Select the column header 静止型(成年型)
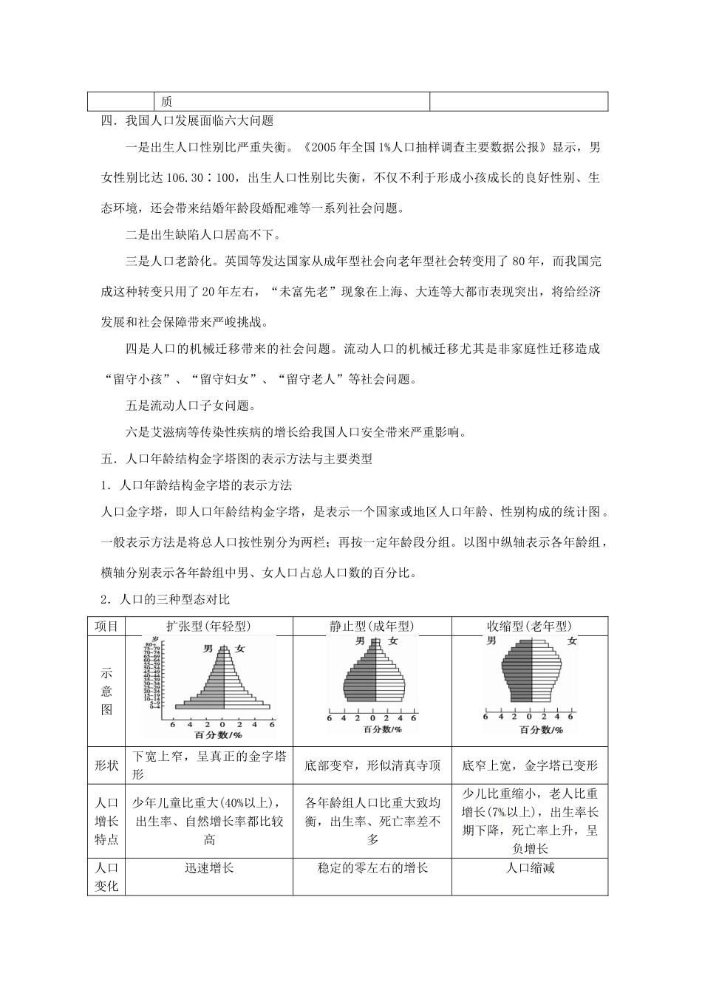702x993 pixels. coord(377,626)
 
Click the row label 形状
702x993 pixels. coord(107,765)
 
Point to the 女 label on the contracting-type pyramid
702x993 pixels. coord(571,641)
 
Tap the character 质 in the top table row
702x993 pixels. coord(166,102)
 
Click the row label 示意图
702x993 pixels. coord(107,691)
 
